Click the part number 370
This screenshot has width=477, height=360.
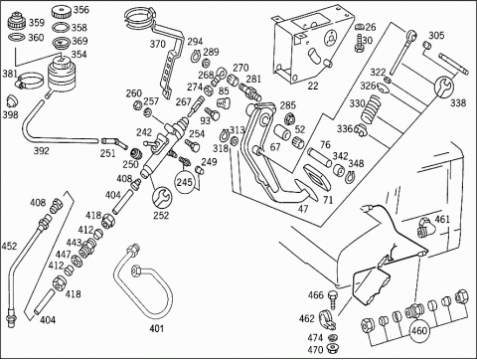point(158,44)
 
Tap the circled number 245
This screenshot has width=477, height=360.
point(185,182)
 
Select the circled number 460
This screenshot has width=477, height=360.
point(419,331)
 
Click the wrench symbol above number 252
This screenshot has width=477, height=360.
point(162,197)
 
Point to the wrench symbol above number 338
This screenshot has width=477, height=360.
point(444,87)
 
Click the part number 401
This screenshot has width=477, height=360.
point(157,328)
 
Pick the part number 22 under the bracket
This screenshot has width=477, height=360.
point(313,86)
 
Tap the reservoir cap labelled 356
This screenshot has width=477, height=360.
point(62,13)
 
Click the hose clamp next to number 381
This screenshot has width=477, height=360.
point(30,81)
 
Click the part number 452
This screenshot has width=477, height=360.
point(9,247)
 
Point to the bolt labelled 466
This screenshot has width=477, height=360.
point(333,298)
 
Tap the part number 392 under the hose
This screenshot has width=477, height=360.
point(42,151)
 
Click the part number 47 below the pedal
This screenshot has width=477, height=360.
point(303,209)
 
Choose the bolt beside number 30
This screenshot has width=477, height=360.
point(359,44)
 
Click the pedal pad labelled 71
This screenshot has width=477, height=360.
point(317,178)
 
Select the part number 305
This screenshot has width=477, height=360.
point(436,35)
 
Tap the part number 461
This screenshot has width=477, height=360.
point(442,219)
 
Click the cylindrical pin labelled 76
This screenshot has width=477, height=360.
point(320,158)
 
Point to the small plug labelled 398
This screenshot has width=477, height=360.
point(12,100)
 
